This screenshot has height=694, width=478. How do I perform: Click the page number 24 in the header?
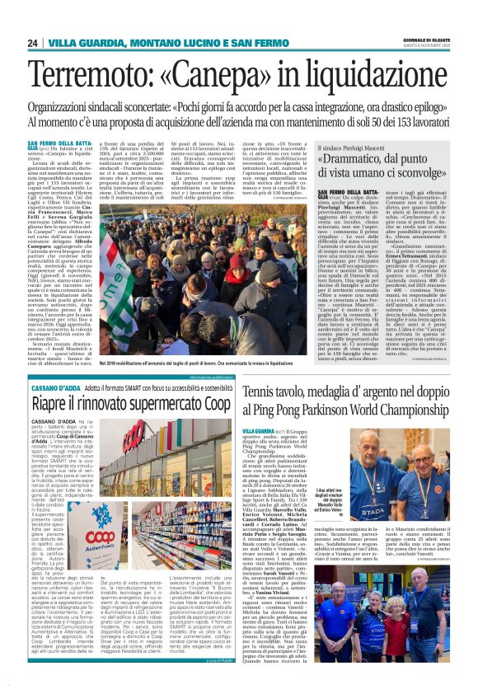tap(33, 43)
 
